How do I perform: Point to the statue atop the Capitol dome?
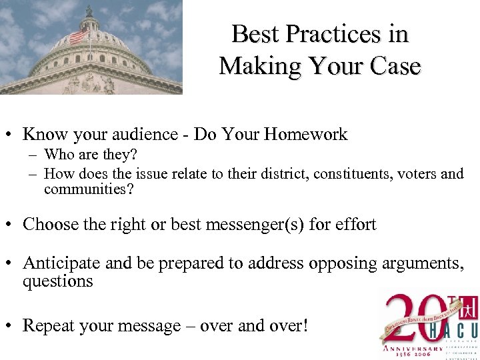(89, 11)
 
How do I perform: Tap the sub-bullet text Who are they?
(90, 155)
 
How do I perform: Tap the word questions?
(58, 281)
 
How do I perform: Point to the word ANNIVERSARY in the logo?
(411, 347)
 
